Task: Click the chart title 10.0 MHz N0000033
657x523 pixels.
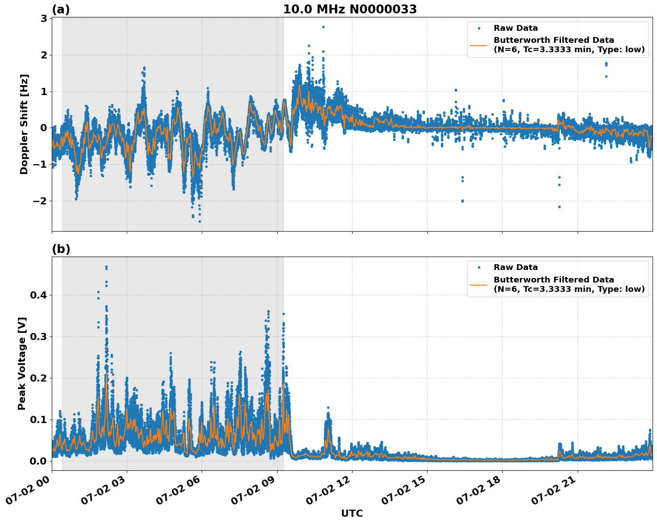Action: (x=350, y=9)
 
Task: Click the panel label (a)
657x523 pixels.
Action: (x=61, y=9)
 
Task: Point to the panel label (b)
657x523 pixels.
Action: (x=61, y=249)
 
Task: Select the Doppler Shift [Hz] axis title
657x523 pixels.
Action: (x=24, y=124)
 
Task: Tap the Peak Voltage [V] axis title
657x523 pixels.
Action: (x=22, y=363)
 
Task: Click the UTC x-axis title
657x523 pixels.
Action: (x=352, y=513)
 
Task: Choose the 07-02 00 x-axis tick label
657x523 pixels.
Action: (x=28, y=494)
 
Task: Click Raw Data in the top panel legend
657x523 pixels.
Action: (x=516, y=29)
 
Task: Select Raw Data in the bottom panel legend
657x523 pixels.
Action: (x=516, y=268)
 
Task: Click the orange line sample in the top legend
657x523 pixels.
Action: (x=479, y=45)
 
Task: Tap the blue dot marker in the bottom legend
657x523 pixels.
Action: (x=479, y=268)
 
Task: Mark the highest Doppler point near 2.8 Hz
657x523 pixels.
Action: (x=323, y=27)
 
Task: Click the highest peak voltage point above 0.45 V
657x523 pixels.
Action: (x=106, y=267)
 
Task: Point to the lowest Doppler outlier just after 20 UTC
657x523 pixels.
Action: (x=559, y=207)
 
